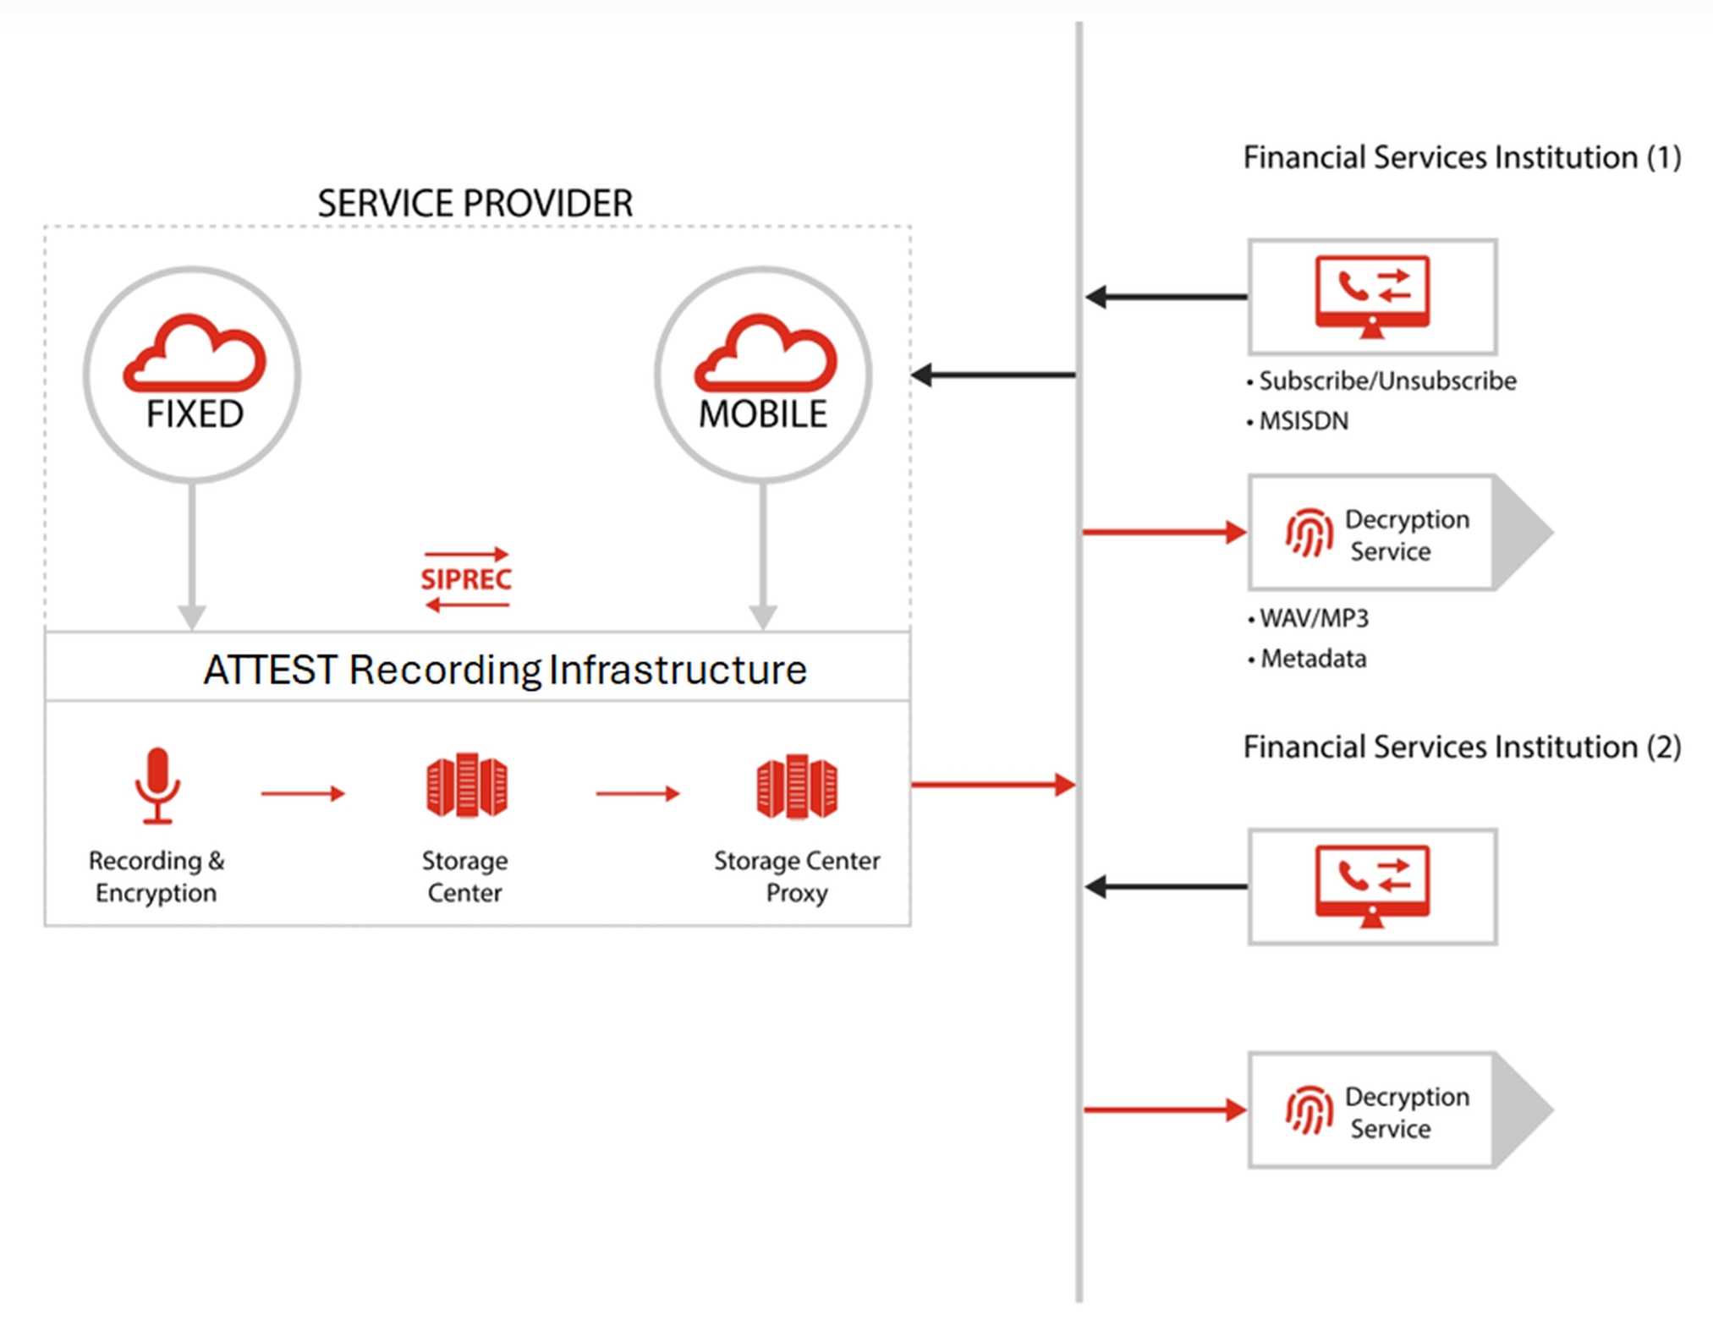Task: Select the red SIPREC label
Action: [x=466, y=579]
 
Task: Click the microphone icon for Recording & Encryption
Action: [x=157, y=785]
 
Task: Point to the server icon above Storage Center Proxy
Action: [x=797, y=786]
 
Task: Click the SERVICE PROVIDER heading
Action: [x=475, y=204]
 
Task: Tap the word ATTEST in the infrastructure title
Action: [x=270, y=671]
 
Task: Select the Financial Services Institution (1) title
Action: [x=1462, y=158]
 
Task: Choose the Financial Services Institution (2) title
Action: [x=1462, y=748]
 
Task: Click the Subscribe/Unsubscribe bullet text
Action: [x=1387, y=381]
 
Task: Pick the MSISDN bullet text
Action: [x=1304, y=421]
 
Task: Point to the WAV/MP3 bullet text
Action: [x=1314, y=619]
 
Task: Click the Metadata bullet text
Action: [x=1314, y=659]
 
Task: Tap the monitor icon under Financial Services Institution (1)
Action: [x=1372, y=296]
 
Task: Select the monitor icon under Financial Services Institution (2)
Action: [x=1372, y=885]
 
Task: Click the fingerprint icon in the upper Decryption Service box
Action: [x=1309, y=533]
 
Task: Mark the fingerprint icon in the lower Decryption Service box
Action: [x=1309, y=1110]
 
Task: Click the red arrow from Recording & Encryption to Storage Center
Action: [x=303, y=793]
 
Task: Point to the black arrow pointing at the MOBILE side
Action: [x=993, y=375]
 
